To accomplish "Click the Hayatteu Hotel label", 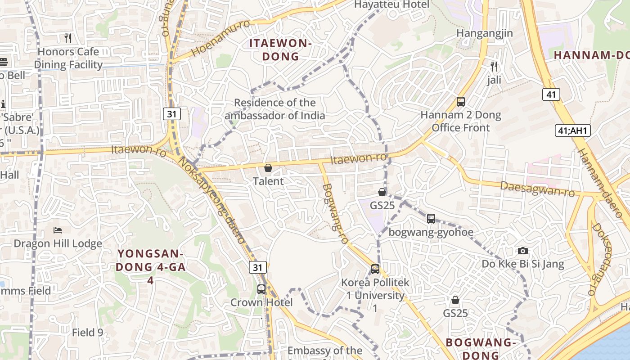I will (392, 4).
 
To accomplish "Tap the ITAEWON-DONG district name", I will (280, 50).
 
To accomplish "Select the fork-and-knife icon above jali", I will (495, 67).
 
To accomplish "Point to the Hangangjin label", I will (485, 33).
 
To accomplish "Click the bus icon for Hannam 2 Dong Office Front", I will (461, 102).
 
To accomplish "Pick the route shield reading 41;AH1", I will (572, 131).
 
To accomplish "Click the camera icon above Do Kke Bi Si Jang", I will (522, 251).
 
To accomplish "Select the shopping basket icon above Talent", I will (268, 168).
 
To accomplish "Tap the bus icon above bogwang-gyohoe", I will (431, 219).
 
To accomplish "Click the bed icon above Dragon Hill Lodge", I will (58, 230).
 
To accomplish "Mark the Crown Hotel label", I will (261, 302).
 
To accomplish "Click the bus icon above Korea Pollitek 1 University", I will (375, 269).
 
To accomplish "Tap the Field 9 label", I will (88, 333).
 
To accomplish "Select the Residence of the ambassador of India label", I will (275, 109).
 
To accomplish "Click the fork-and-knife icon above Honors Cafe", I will (68, 38).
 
